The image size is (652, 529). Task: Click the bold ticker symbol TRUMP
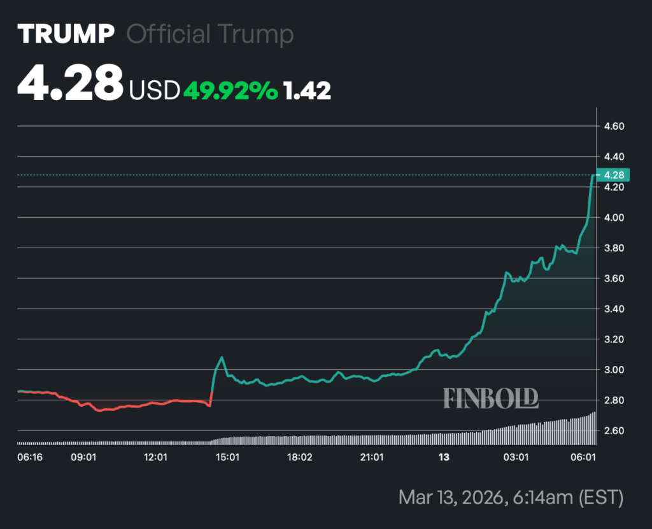click(x=66, y=34)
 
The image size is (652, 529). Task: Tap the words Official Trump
click(x=210, y=34)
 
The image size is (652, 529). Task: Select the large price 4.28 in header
click(x=70, y=83)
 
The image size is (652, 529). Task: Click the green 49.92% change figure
click(x=230, y=91)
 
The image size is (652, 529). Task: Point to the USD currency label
click(x=155, y=91)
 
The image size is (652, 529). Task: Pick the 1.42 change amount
click(x=308, y=91)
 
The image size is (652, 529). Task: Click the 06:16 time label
click(x=29, y=457)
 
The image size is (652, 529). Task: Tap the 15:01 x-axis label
click(x=227, y=457)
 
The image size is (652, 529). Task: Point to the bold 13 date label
click(x=444, y=457)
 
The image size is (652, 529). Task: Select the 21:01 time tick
click(x=372, y=457)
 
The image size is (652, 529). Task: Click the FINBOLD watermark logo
click(x=491, y=398)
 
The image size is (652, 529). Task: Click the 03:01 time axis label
click(x=516, y=457)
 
